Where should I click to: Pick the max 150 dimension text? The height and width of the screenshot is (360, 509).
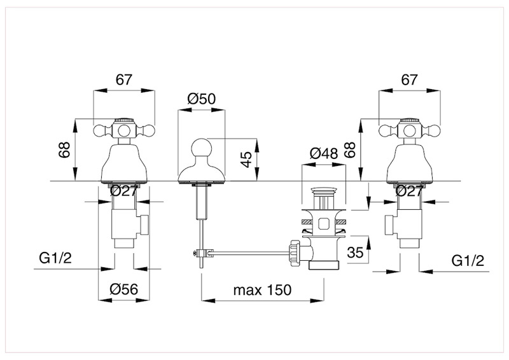pos(261,290)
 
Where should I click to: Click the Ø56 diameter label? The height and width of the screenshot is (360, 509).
pos(124,289)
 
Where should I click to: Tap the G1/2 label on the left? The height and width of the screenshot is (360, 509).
pos(54,259)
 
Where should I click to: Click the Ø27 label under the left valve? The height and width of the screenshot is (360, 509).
pos(124,190)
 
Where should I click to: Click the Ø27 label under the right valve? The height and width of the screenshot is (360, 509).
pos(410,190)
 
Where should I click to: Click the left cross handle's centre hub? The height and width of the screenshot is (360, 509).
pos(124,132)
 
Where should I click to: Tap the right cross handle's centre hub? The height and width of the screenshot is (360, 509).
pos(410,132)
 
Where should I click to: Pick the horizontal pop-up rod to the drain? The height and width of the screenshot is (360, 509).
pos(248,253)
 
